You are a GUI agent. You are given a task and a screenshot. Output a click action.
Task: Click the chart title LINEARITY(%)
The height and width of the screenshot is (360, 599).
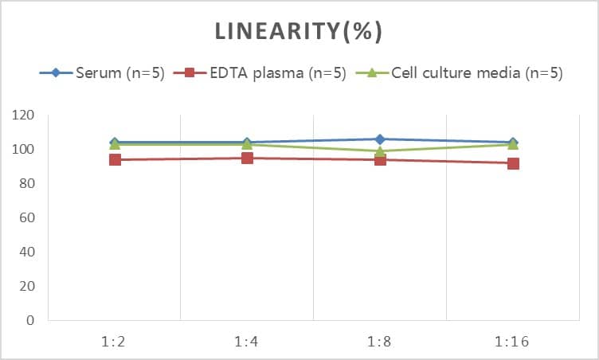(299, 32)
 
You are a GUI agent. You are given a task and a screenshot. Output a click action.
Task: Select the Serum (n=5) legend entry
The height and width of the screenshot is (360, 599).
(119, 73)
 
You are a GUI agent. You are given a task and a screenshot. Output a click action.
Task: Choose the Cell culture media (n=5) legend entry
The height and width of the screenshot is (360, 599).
(476, 73)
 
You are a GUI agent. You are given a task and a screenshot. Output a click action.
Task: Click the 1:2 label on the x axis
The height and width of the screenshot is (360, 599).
(115, 342)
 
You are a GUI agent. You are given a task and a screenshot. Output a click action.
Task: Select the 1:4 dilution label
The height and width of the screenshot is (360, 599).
(247, 342)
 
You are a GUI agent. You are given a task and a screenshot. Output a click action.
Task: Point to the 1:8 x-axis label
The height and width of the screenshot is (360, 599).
(380, 342)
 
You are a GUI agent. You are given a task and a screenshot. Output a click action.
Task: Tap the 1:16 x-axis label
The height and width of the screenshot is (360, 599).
(512, 342)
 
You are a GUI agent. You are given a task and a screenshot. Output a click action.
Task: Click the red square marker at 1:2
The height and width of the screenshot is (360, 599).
(115, 159)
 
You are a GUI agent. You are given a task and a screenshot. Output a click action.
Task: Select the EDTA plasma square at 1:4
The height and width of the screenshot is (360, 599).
(247, 158)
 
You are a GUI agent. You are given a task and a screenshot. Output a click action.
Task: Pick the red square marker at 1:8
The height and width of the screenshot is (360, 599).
(380, 159)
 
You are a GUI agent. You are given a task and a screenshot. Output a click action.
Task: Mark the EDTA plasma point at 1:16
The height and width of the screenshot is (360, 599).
(513, 163)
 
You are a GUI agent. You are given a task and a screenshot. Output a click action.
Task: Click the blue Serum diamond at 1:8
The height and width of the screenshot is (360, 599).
(380, 139)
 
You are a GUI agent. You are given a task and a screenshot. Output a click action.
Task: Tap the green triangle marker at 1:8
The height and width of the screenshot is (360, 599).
(380, 151)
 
